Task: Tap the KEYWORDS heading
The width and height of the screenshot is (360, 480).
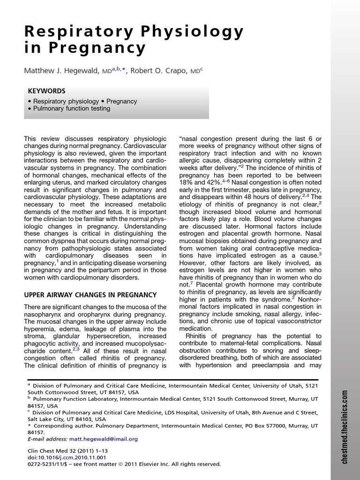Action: [x=46, y=91]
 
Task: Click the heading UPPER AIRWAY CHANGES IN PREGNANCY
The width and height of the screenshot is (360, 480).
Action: [x=90, y=294]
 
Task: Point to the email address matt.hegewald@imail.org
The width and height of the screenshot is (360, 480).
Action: [x=104, y=439]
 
